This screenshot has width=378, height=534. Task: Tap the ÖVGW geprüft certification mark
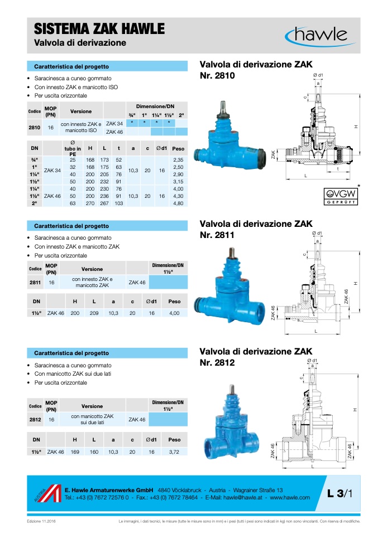(x=341, y=196)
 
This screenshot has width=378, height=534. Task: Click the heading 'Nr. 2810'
(x=217, y=76)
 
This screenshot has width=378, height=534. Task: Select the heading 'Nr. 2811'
(x=217, y=235)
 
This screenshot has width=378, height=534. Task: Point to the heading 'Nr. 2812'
(x=217, y=363)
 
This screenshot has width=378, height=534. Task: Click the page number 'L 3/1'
(x=339, y=493)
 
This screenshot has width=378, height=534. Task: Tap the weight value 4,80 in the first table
(x=178, y=203)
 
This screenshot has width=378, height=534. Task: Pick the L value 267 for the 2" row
(x=104, y=203)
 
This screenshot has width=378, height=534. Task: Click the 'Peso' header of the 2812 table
(x=174, y=440)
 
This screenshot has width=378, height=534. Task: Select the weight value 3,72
(x=174, y=452)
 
